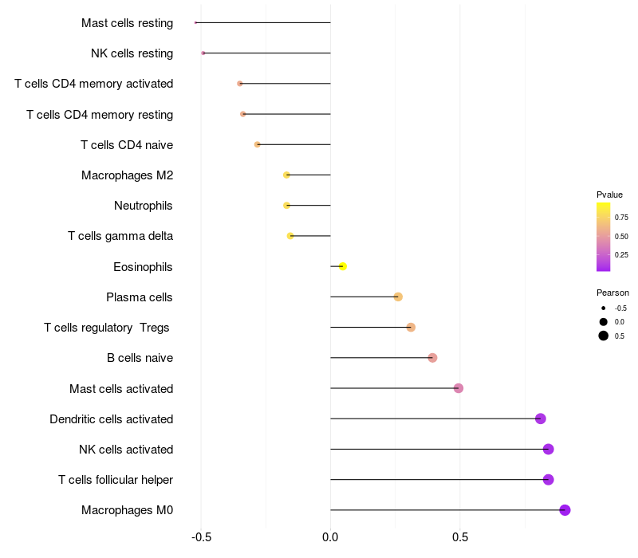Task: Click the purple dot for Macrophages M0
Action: tap(565, 510)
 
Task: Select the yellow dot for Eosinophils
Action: tap(343, 266)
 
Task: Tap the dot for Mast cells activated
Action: tap(459, 388)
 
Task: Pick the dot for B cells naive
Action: tap(432, 358)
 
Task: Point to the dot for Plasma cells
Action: tap(398, 297)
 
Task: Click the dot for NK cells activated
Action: tap(548, 450)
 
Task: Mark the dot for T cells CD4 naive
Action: tap(258, 144)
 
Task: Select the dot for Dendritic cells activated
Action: tap(541, 418)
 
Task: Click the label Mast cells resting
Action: tap(127, 23)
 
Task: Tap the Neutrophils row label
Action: tap(144, 206)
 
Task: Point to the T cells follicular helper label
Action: tap(116, 480)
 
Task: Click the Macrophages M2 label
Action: tap(127, 175)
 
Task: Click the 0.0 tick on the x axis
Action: tap(330, 537)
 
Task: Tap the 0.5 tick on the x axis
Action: tap(459, 537)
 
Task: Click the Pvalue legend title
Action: tap(609, 195)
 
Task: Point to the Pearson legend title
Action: tap(612, 293)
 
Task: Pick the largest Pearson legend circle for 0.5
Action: tap(604, 336)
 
